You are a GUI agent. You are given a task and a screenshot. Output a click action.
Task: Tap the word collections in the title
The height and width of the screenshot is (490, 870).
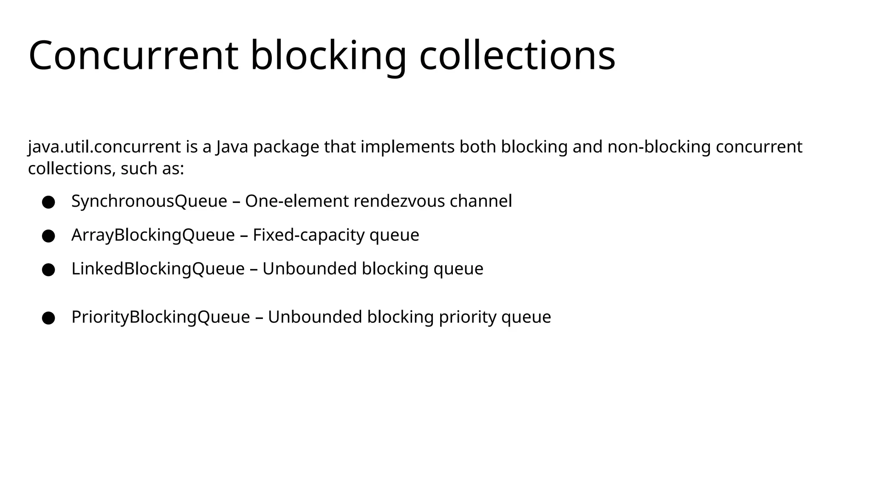point(517,55)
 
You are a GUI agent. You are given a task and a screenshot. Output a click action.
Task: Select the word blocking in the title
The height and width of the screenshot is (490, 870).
point(328,56)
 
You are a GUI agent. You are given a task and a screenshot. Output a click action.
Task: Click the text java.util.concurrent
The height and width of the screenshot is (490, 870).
point(105,147)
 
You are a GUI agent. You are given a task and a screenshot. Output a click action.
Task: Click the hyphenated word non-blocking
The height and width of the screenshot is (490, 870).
point(659,147)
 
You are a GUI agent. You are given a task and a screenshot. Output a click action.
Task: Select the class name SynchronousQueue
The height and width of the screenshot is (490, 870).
point(149,201)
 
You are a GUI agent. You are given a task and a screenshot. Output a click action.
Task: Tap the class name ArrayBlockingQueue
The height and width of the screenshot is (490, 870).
point(153,235)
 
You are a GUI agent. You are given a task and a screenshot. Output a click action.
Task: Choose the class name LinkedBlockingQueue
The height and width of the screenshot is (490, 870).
point(158,269)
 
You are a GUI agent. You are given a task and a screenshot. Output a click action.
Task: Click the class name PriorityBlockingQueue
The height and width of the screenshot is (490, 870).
point(161,317)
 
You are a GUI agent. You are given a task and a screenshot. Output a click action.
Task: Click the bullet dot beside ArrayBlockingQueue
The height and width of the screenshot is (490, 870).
point(48,236)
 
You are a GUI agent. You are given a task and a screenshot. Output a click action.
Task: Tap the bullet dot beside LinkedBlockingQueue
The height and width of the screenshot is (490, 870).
point(48,270)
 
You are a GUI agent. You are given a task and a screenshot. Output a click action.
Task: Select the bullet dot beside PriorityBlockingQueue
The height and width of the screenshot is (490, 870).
point(48,318)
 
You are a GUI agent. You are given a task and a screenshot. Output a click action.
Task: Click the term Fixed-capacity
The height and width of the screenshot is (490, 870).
point(308,235)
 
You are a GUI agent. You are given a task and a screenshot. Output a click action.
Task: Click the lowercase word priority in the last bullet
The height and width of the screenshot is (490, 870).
point(467,317)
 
